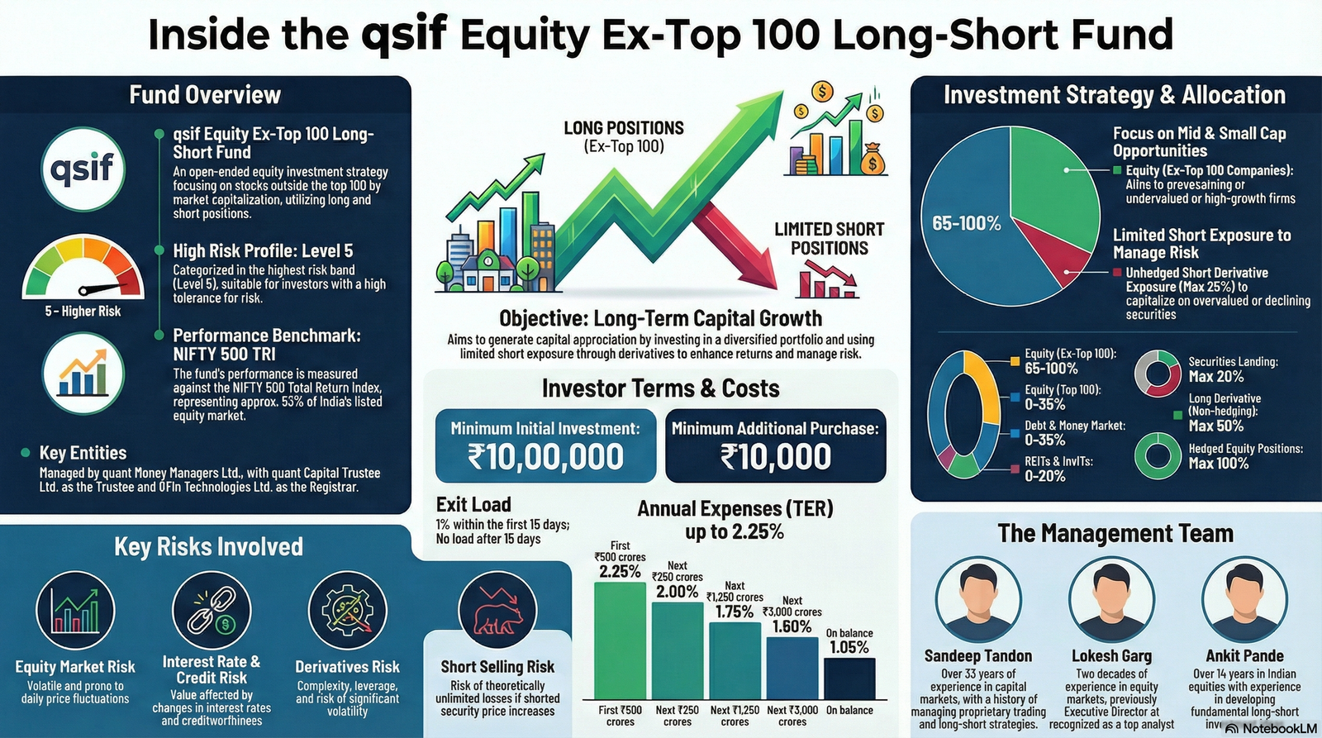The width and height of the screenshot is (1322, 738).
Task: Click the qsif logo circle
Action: [x=83, y=169]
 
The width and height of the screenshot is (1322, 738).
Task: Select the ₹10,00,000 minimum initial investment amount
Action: [x=545, y=457]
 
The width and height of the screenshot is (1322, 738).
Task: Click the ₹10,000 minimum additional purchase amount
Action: [x=775, y=457]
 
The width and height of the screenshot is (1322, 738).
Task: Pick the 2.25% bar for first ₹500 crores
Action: [x=620, y=640]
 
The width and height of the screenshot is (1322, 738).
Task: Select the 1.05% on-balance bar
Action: [x=849, y=678]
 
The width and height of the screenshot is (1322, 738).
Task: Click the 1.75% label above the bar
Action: [x=734, y=612]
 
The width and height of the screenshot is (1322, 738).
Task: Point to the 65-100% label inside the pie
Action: [x=966, y=223]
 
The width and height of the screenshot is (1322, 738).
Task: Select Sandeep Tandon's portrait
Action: [x=977, y=599]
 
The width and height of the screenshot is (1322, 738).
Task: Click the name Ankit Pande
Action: [x=1244, y=656]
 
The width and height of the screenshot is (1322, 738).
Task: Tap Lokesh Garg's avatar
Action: [x=1111, y=599]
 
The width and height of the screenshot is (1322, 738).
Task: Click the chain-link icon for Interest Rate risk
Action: [x=212, y=612]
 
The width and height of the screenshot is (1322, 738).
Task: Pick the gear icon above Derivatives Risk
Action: [x=347, y=612]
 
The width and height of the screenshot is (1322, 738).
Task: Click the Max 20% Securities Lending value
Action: [x=1215, y=377]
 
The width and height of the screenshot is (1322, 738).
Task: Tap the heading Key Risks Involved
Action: [x=208, y=547]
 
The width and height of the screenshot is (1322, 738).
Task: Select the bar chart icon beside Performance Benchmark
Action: [x=83, y=374]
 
